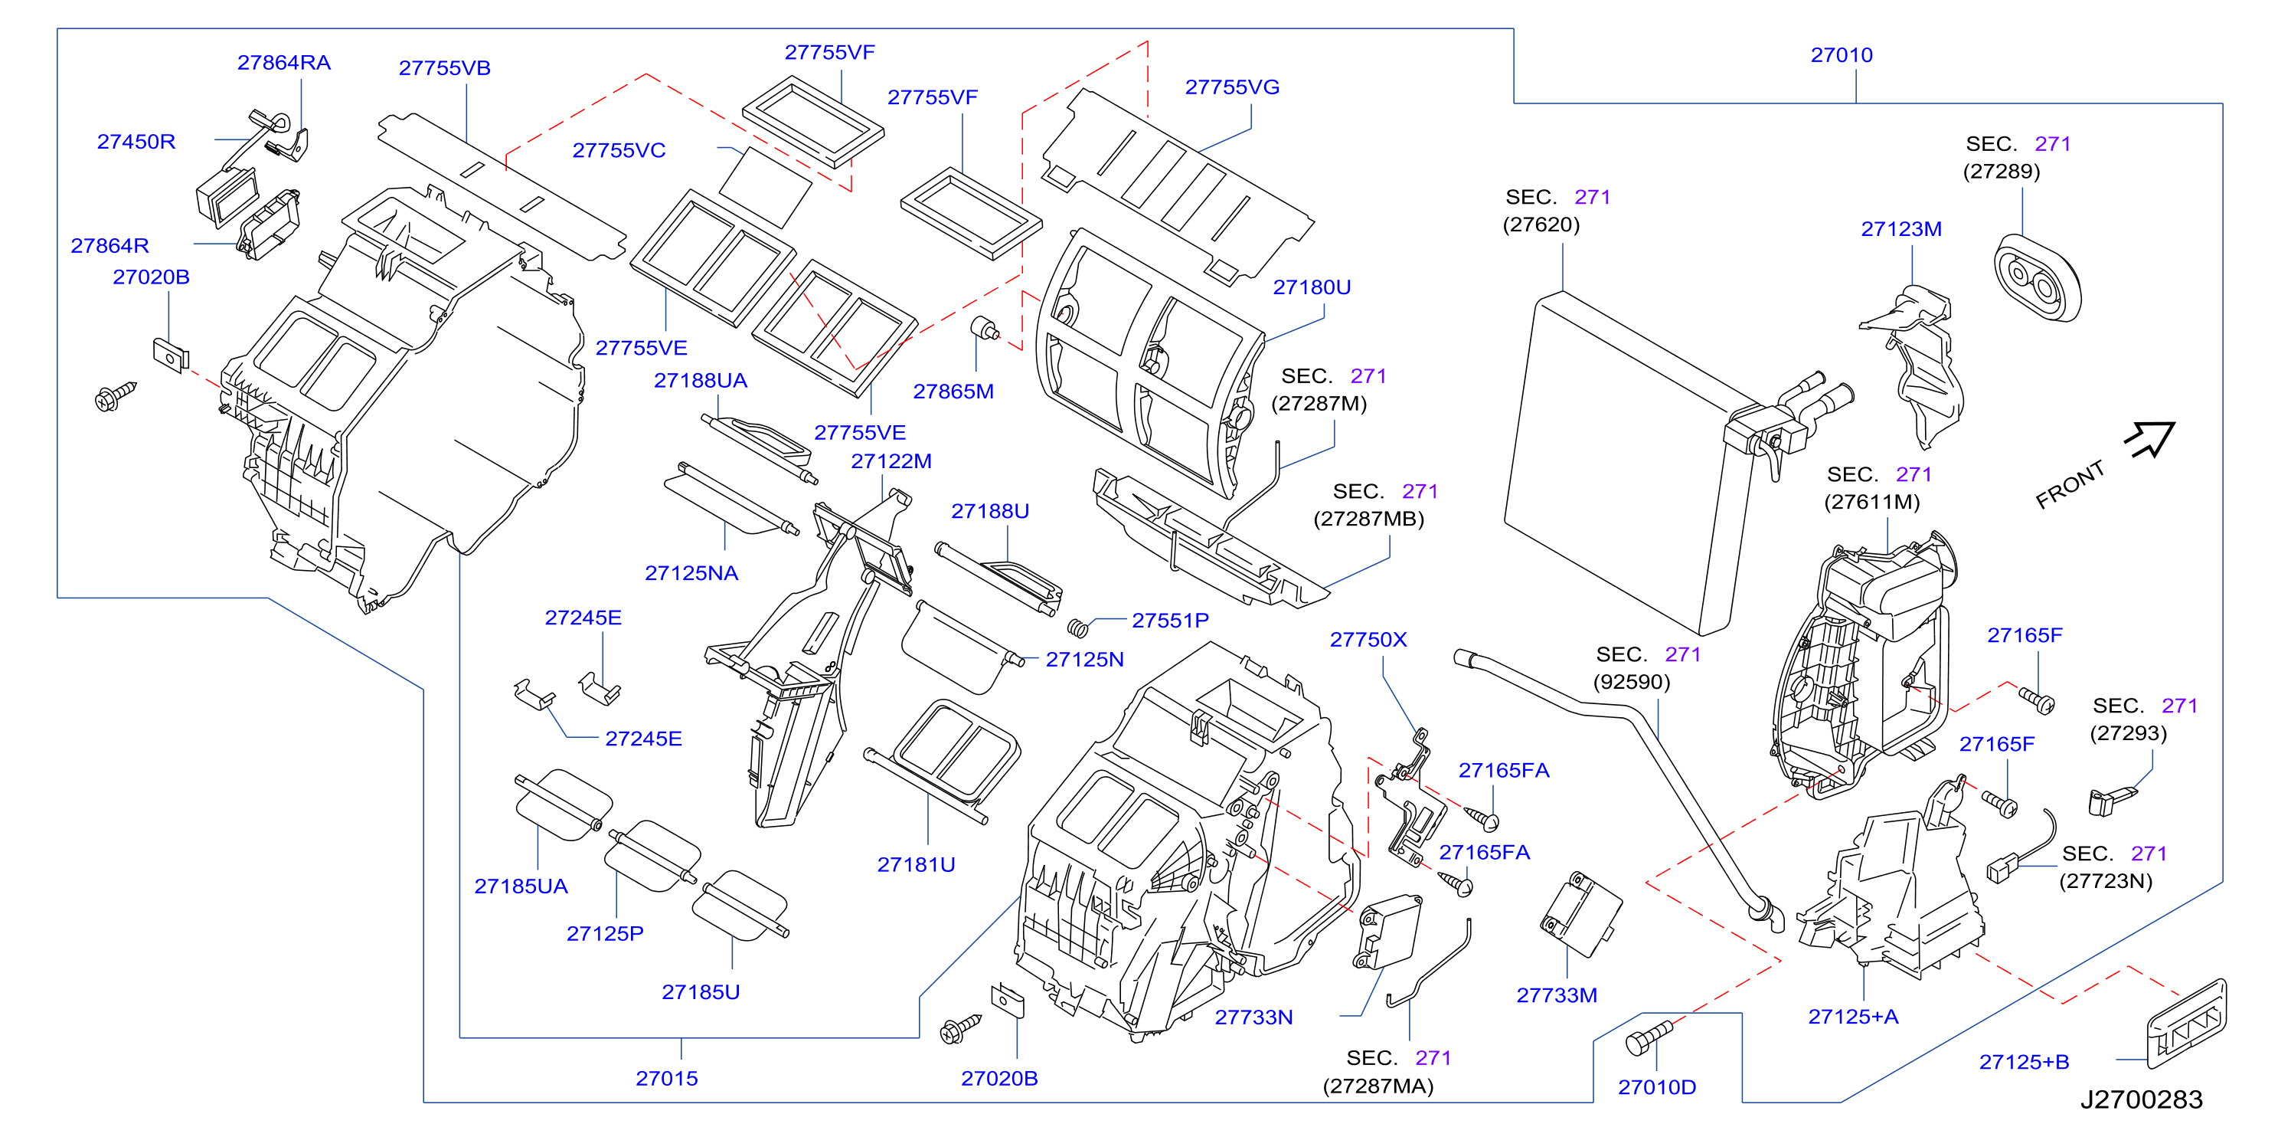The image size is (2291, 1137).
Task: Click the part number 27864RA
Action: (284, 62)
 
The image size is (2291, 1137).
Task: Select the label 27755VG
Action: (1232, 87)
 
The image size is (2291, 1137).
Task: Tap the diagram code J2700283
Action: (2141, 1099)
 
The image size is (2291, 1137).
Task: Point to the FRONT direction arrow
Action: (2149, 438)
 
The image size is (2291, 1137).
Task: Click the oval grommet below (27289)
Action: (2037, 278)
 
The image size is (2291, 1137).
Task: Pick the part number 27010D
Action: (1657, 1087)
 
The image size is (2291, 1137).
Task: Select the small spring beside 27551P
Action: (1078, 628)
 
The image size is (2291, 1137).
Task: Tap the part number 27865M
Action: (953, 392)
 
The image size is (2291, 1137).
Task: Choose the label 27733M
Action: (1557, 995)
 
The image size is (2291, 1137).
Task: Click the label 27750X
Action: (1368, 640)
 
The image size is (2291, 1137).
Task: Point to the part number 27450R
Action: (136, 142)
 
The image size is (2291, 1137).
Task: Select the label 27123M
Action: (1900, 228)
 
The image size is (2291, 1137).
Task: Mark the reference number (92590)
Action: (1631, 683)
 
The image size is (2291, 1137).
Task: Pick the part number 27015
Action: (666, 1078)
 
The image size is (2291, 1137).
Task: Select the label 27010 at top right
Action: (1841, 55)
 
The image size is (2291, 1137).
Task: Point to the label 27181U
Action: (916, 865)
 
